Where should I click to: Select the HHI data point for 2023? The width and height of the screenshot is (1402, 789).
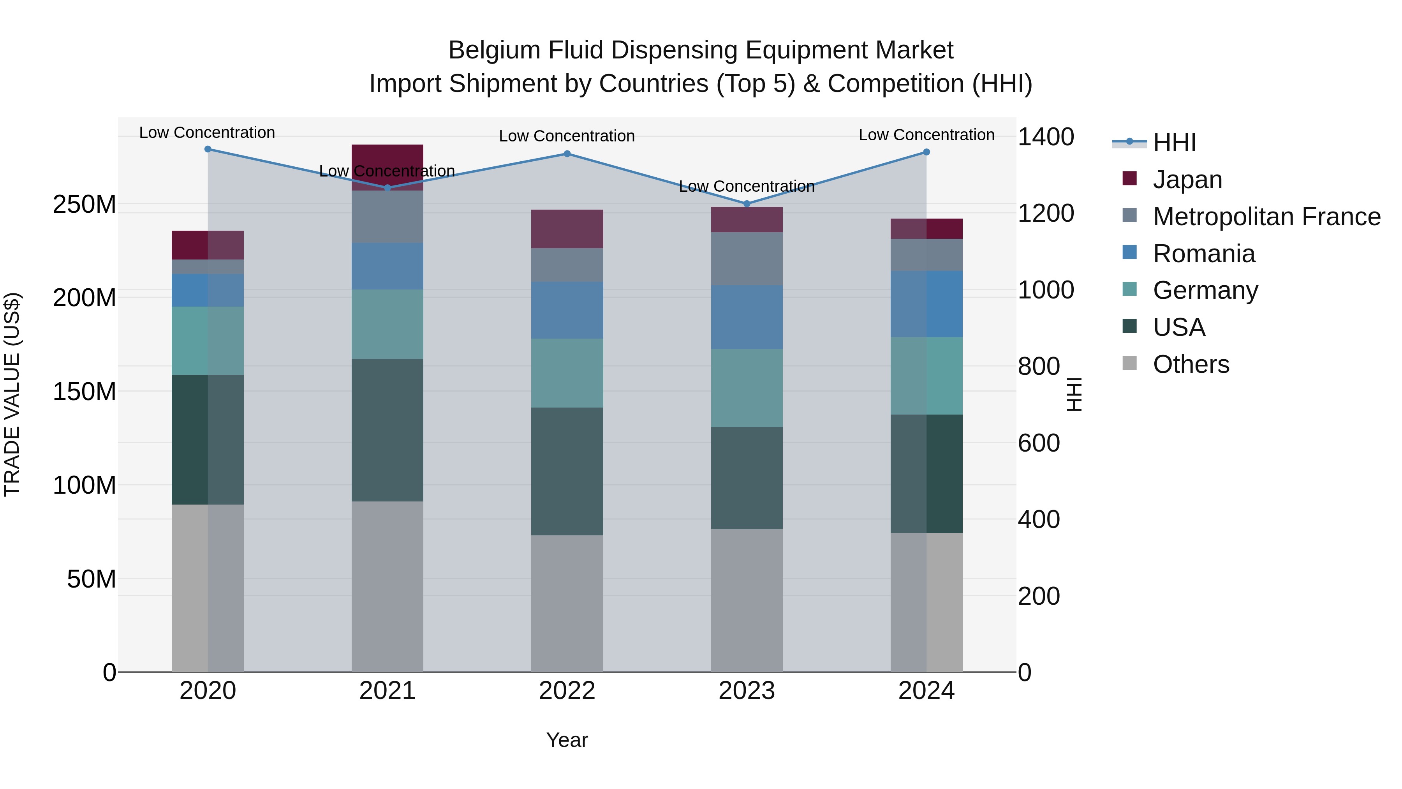tap(747, 204)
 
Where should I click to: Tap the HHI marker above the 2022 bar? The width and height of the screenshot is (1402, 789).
tap(567, 154)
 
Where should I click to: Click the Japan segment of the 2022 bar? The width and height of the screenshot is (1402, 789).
tap(567, 229)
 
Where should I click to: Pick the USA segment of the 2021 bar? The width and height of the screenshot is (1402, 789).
tap(387, 430)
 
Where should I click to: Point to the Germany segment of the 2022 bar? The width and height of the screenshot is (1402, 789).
tap(567, 373)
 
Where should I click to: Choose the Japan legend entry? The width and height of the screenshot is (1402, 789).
tap(1187, 180)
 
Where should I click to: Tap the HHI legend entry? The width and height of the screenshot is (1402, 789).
tap(1174, 143)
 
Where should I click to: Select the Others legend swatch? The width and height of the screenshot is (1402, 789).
tap(1129, 363)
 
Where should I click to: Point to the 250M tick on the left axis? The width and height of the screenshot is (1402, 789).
tap(85, 205)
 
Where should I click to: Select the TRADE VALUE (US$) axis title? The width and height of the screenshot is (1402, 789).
tap(12, 394)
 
